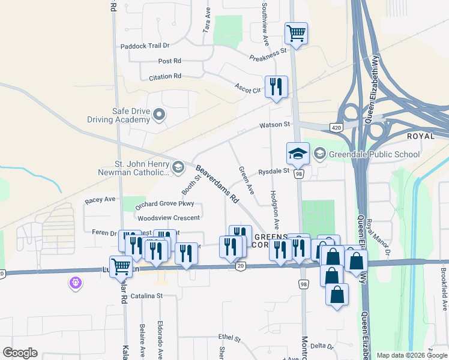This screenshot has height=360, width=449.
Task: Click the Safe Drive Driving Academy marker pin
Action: tap(159, 114)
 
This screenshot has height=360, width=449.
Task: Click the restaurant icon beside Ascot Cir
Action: tap(276, 86)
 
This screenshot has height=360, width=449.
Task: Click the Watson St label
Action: tap(274, 125)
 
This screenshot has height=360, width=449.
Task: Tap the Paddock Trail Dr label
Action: tap(145, 46)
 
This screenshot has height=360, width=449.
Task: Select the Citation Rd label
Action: tap(160, 76)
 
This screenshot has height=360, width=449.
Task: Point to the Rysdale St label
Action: tap(274, 171)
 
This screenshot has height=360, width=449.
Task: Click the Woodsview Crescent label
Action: tap(169, 218)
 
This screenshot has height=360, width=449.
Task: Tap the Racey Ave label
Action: tap(100, 199)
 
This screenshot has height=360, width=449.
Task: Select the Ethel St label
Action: tap(229, 338)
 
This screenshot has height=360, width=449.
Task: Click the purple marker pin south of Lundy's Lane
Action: tap(75, 281)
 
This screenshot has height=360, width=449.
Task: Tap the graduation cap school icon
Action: tap(298, 154)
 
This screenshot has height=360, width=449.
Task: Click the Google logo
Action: tap(20, 353)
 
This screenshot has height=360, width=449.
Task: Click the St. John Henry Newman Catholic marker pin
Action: tap(178, 167)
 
